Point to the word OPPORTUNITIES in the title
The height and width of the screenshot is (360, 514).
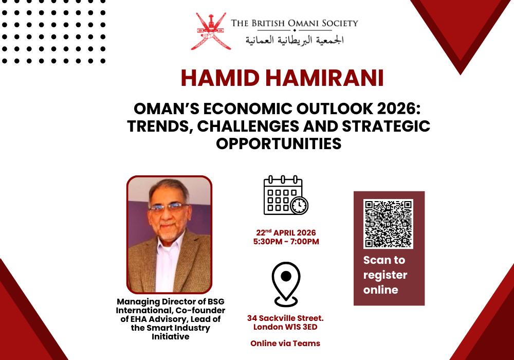(279, 143)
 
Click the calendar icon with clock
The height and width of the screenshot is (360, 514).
(285, 195)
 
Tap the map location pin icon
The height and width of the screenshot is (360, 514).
(286, 283)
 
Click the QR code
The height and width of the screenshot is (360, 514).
(389, 224)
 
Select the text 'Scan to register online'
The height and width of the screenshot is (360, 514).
(385, 275)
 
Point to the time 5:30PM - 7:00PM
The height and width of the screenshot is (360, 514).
(286, 241)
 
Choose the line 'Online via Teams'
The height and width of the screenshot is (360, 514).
(285, 343)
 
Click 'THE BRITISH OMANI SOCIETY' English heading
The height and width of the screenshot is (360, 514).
(295, 23)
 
